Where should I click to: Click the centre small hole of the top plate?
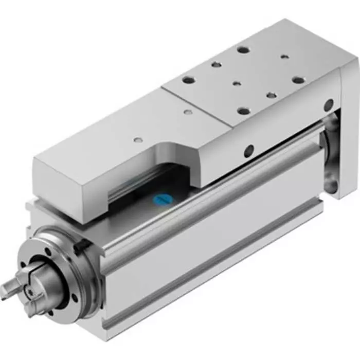[x=236, y=83]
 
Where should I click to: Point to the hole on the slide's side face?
[x=248, y=151]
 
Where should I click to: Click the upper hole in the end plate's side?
[x=327, y=105]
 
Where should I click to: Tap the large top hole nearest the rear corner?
[x=243, y=50]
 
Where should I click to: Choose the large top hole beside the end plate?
[x=298, y=80]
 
